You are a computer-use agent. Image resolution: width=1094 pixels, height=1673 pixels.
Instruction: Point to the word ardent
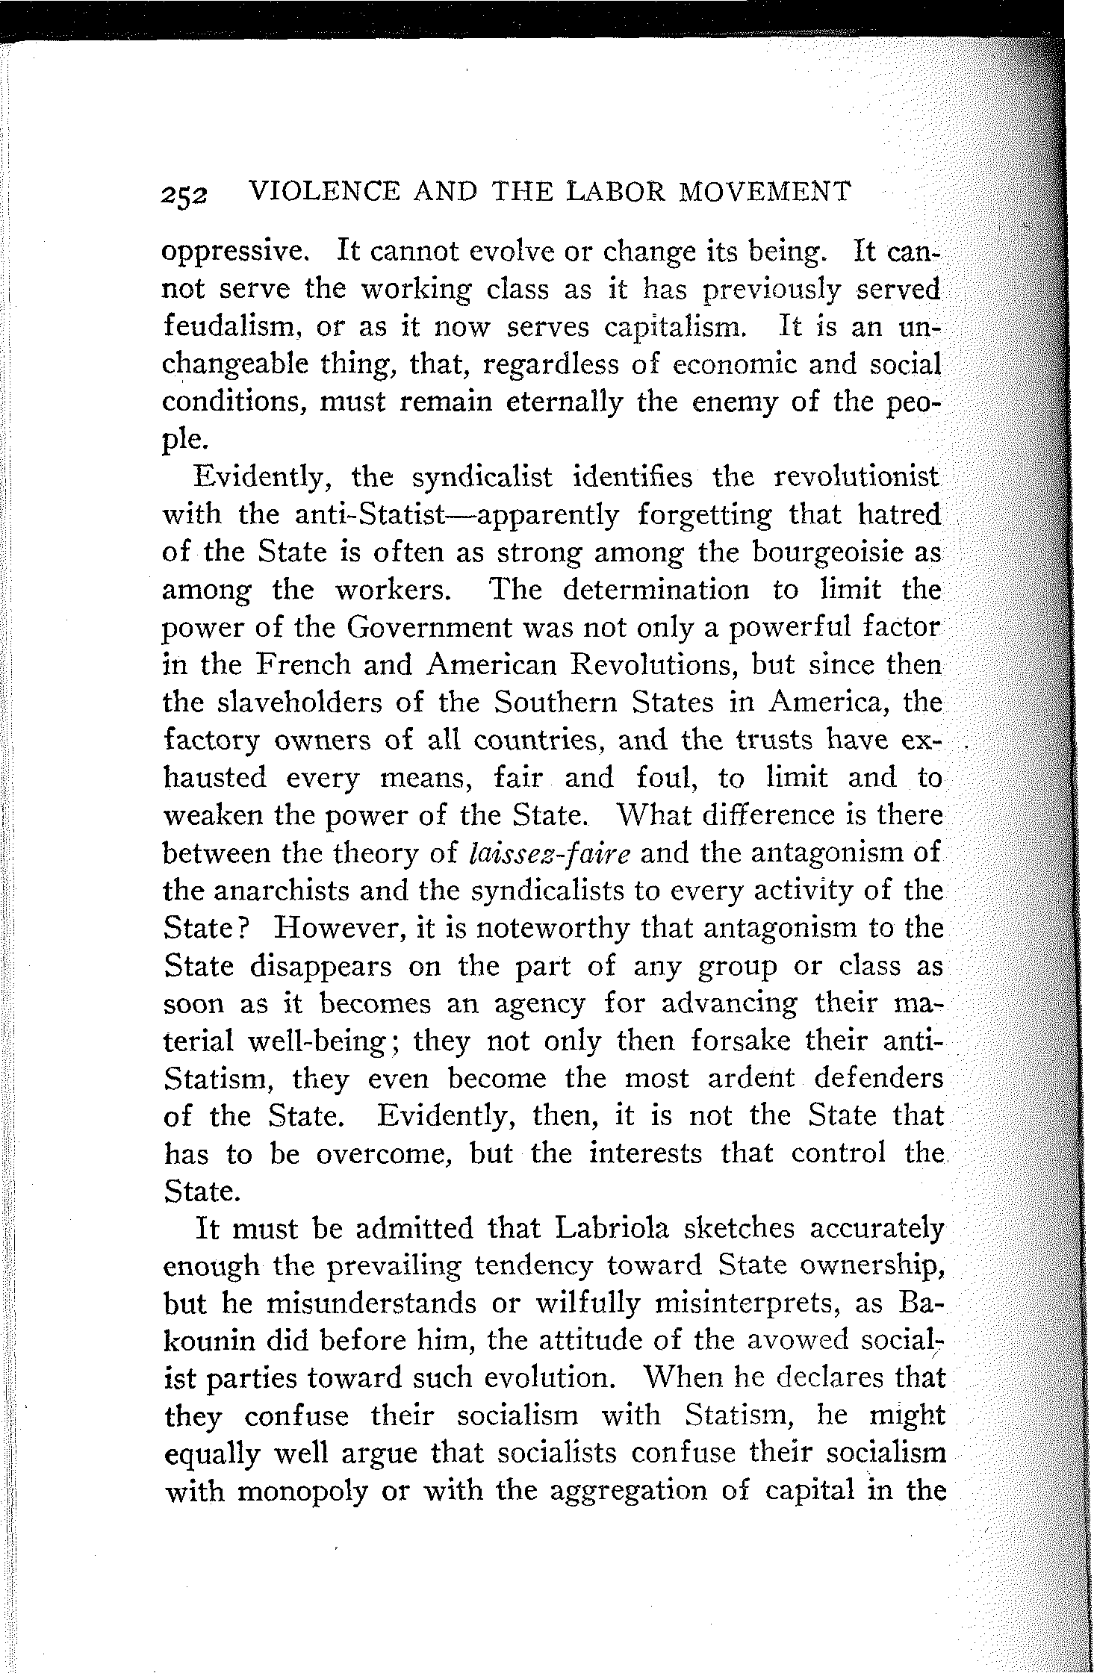click(x=750, y=1079)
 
